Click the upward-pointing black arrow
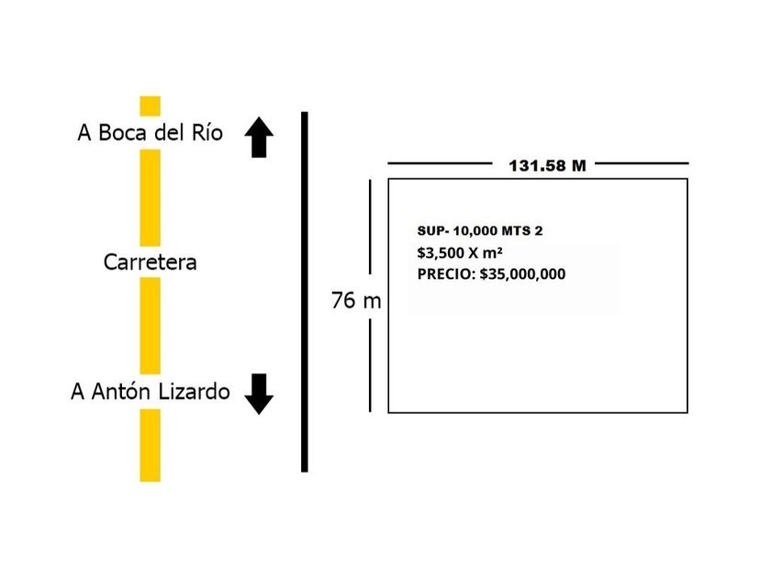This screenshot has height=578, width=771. tap(260, 138)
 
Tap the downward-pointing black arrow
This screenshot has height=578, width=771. tap(260, 394)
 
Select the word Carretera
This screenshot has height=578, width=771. tap(151, 262)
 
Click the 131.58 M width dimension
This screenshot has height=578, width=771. tap(547, 166)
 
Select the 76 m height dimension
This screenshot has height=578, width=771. tap(356, 301)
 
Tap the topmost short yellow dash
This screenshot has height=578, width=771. tap(151, 106)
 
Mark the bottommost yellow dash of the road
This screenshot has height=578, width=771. tap(151, 445)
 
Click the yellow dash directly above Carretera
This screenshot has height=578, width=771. tap(151, 197)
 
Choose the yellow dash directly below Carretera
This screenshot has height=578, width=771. tap(151, 325)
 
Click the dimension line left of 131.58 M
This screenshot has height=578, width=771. tap(440, 163)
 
